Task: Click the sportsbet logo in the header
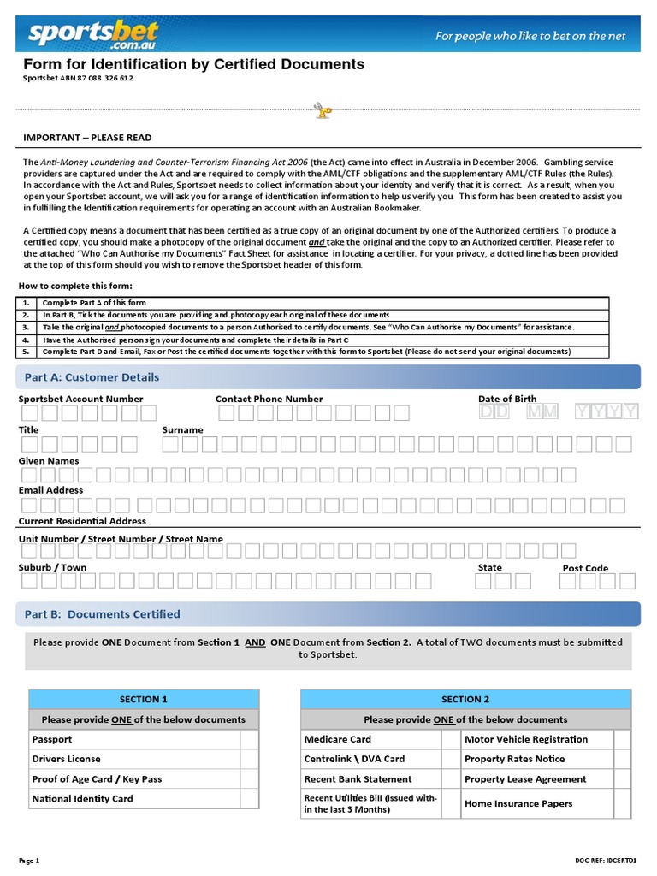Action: (x=92, y=33)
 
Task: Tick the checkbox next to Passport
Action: (x=248, y=739)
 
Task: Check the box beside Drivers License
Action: (x=248, y=759)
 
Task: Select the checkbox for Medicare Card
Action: (x=451, y=739)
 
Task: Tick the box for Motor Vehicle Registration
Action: (x=622, y=739)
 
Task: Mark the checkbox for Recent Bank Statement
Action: (x=451, y=779)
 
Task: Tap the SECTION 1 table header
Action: (x=144, y=699)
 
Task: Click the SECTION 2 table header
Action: (x=465, y=699)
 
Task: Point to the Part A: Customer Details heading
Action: (x=92, y=377)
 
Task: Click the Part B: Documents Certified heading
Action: (x=102, y=614)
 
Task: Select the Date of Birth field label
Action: (x=507, y=399)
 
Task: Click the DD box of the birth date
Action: (x=494, y=412)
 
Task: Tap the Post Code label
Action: (x=585, y=568)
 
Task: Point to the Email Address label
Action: (x=51, y=490)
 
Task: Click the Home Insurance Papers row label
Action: (x=518, y=803)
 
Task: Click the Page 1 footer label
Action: (x=30, y=860)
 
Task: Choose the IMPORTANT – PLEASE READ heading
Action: (x=87, y=138)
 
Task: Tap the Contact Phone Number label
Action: (x=269, y=399)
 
